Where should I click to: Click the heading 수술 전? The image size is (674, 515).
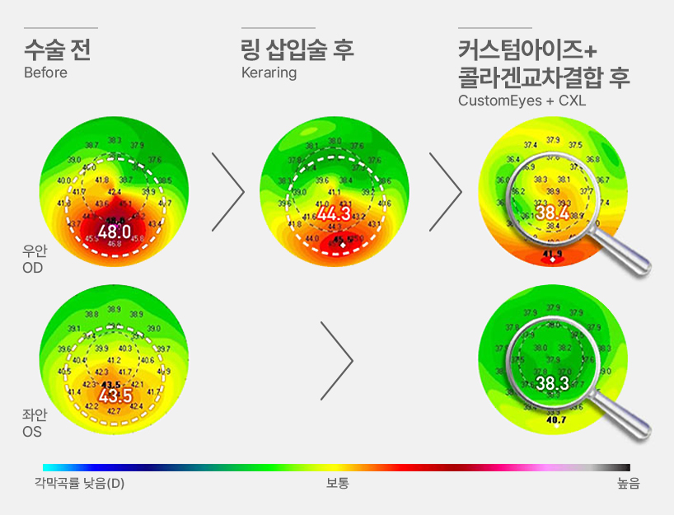point(57,49)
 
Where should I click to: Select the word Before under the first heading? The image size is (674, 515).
point(45,73)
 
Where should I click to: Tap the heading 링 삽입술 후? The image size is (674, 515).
point(297,49)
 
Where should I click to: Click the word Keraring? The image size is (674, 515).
point(269,73)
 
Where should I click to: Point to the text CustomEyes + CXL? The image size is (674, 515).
point(522,101)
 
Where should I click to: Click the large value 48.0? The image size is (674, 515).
point(114,232)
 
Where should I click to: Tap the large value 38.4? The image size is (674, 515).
point(552,213)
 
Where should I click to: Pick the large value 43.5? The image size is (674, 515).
point(115,396)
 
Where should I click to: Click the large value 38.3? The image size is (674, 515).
point(552,383)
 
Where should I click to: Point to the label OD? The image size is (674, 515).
point(33,268)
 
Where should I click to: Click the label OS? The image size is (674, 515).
point(33,431)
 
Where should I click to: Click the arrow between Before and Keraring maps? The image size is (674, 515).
point(228,191)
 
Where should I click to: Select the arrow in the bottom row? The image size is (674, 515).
point(336,358)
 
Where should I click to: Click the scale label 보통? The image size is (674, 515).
point(337,483)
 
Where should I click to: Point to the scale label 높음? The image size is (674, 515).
point(628,483)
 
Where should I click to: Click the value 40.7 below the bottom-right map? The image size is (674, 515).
point(557,420)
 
